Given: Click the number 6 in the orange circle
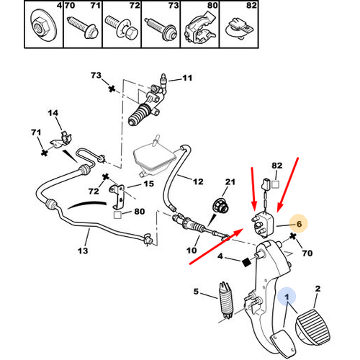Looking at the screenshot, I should (297, 225).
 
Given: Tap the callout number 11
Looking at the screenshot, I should (187, 78).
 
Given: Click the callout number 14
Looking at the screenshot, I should (53, 113).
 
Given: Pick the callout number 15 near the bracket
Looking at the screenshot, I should (148, 184).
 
